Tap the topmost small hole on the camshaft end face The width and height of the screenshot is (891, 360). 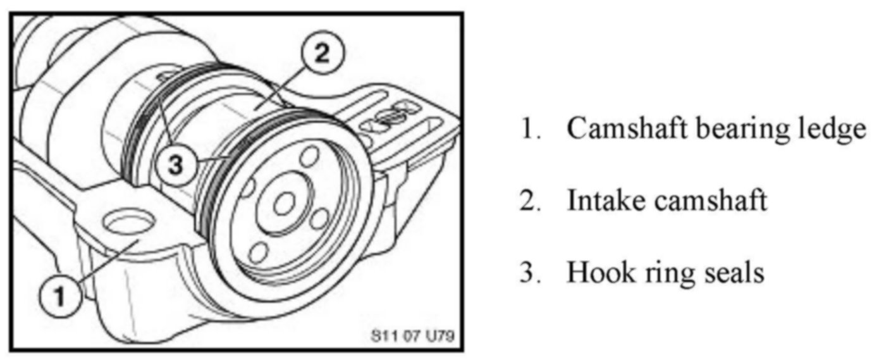(309, 155)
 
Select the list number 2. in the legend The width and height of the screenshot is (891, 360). (528, 201)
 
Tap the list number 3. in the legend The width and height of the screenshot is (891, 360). (528, 273)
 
